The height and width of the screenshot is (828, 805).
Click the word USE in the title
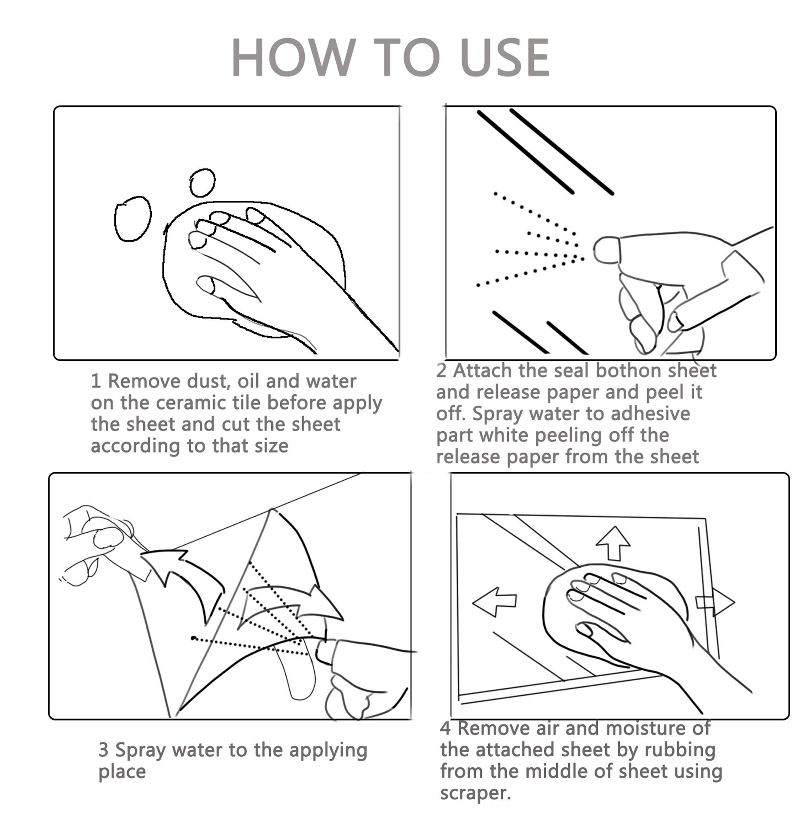coord(505,58)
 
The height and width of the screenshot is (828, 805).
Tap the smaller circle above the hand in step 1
coord(202,183)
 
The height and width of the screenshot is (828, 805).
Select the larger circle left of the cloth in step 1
coord(133,219)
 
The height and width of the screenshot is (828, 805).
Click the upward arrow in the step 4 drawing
coord(613,543)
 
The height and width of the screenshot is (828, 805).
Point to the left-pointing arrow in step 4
coord(494,602)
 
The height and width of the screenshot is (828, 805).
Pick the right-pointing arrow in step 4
coord(715,601)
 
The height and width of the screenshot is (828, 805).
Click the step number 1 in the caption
coord(95,381)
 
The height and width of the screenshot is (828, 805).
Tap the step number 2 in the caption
coord(441,371)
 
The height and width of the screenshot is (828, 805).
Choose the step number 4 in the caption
coord(445,729)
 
